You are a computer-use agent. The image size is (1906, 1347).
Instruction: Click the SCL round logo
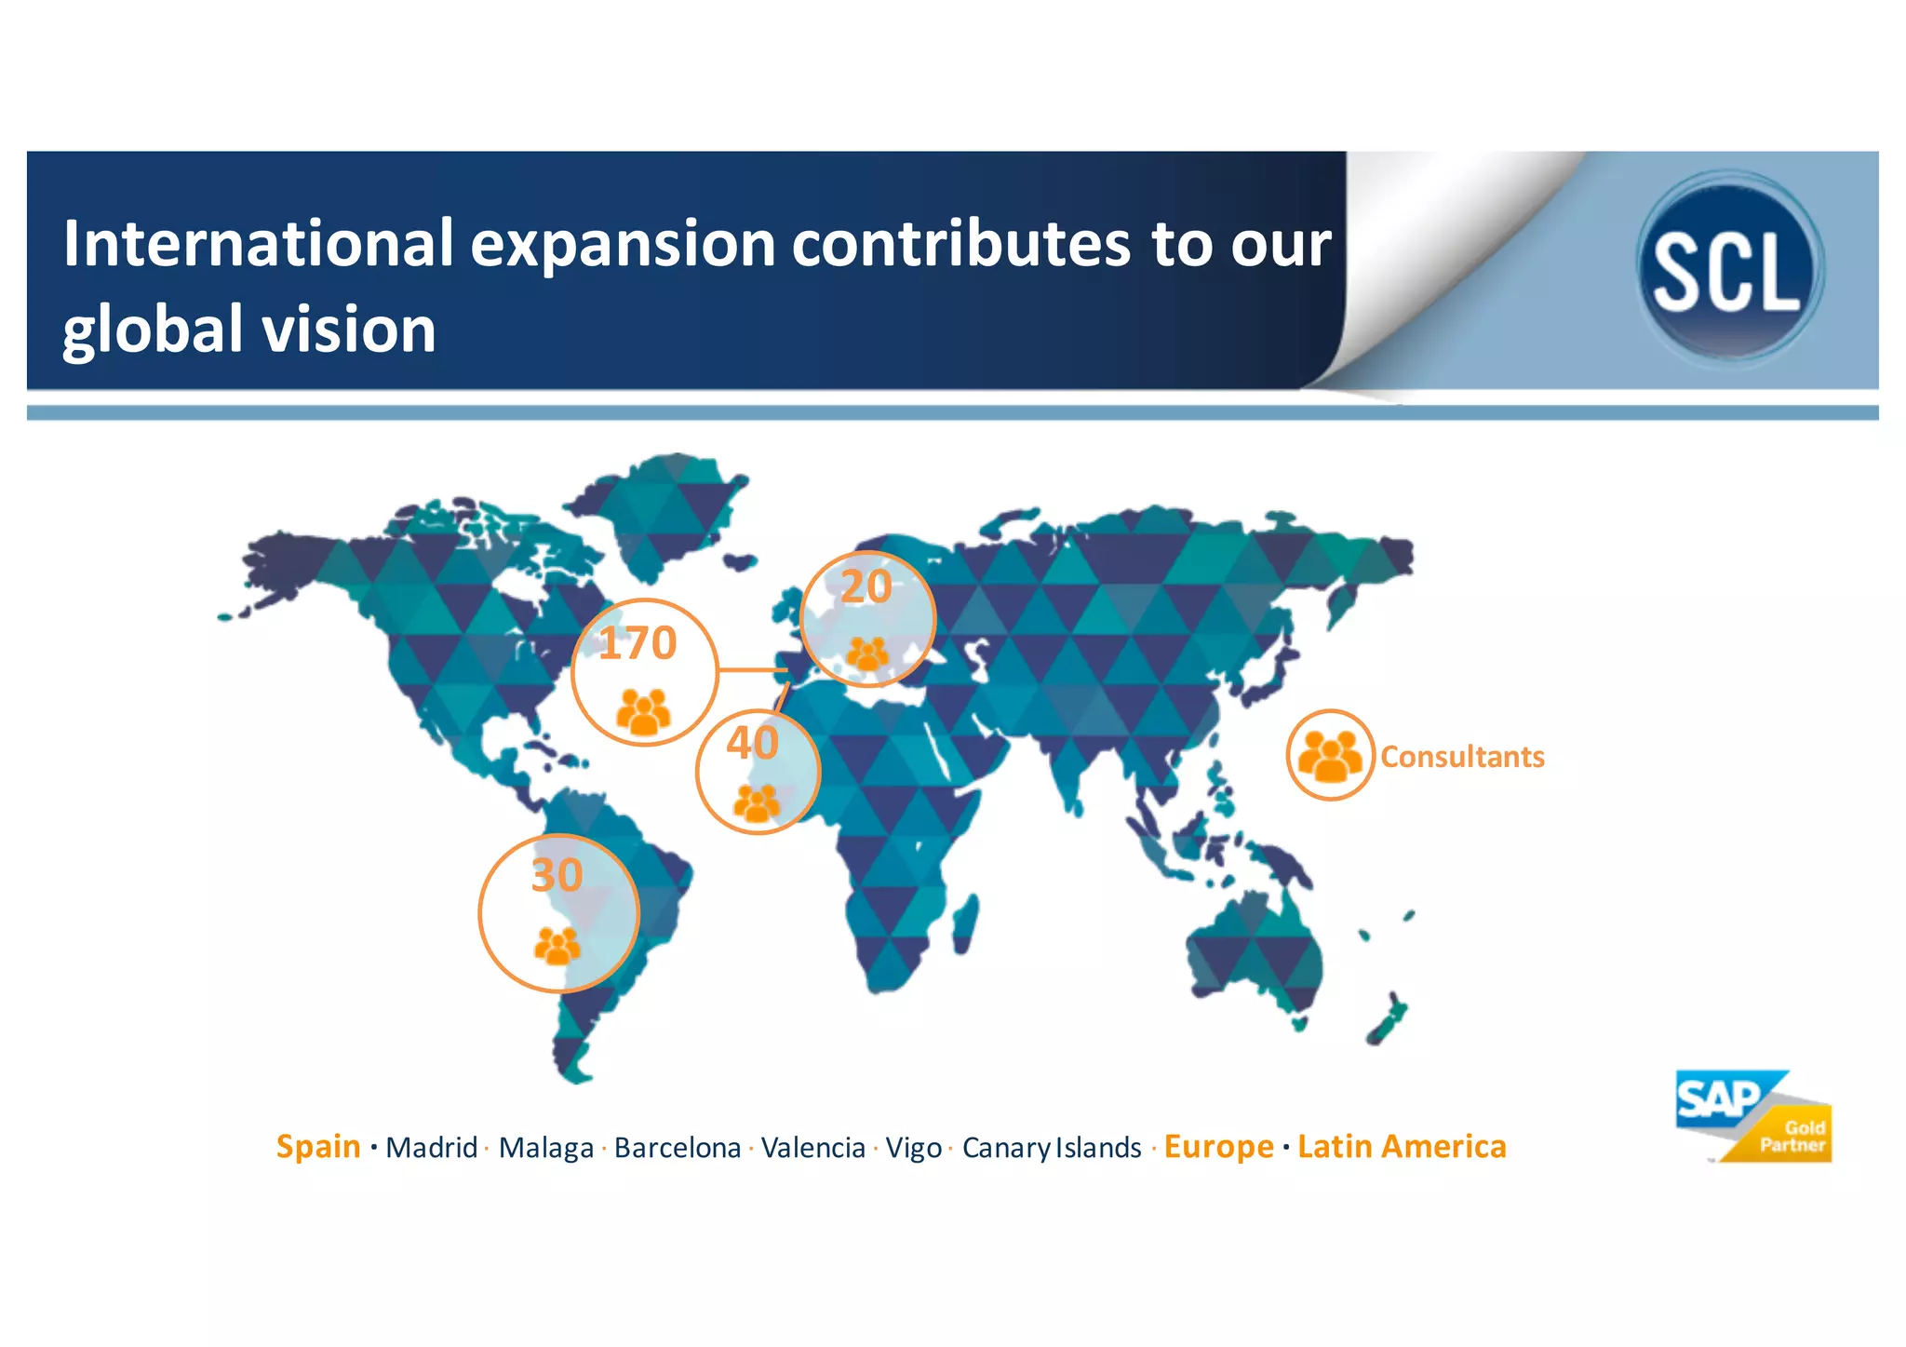[x=1729, y=268]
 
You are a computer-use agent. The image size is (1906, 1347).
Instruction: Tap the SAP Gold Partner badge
[x=1753, y=1117]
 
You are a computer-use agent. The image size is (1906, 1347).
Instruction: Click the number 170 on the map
[x=638, y=643]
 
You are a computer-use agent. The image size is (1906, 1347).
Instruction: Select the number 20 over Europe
[x=866, y=586]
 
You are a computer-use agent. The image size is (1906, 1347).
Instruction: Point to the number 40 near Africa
[x=752, y=743]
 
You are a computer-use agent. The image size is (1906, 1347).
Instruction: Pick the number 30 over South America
[x=557, y=875]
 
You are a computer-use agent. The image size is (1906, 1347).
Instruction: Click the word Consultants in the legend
[x=1462, y=757]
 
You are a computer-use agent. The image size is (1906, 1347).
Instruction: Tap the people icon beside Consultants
[x=1330, y=755]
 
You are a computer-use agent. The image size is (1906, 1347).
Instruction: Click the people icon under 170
[x=643, y=712]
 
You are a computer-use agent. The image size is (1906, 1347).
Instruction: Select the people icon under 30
[x=557, y=946]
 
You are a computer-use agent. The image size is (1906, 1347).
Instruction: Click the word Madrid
[x=432, y=1148]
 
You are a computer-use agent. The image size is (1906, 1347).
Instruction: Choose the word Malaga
[x=545, y=1148]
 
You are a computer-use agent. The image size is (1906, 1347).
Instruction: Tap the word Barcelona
[x=678, y=1148]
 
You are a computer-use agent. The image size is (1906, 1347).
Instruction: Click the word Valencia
[x=813, y=1148]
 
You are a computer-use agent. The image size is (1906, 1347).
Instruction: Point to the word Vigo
[x=913, y=1148]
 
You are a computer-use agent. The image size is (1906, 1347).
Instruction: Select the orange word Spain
[x=318, y=1146]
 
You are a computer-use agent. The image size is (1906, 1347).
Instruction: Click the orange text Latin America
[x=1402, y=1146]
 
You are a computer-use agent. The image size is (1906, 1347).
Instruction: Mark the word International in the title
[x=258, y=244]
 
